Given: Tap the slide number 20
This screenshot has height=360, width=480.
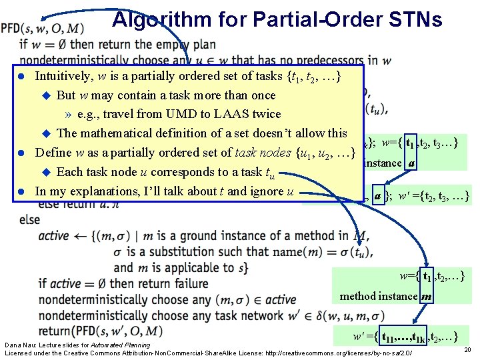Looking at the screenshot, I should tap(466, 350).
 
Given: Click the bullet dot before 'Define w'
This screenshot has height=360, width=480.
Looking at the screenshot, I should tap(21, 153).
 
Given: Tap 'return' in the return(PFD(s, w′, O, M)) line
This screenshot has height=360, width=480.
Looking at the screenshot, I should tap(56, 331).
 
